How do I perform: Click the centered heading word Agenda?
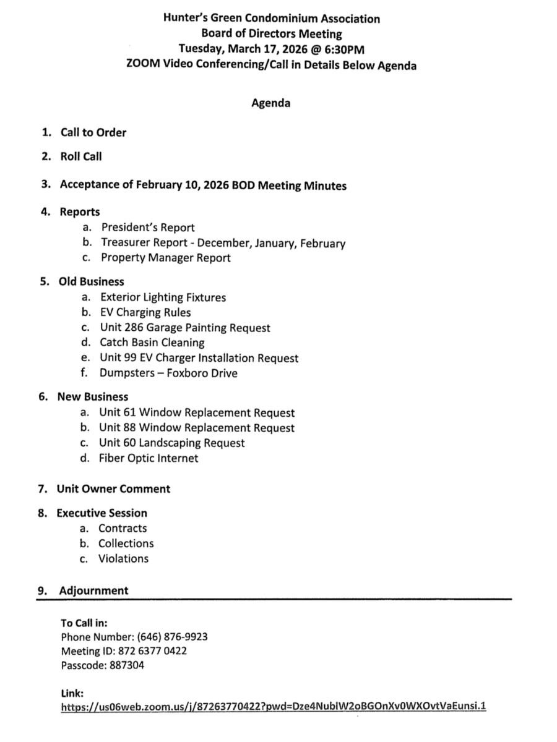point(270,103)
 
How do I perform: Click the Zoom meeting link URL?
point(274,706)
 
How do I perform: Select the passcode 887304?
point(127,665)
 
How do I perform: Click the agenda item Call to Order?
point(93,132)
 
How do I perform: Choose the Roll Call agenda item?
point(80,156)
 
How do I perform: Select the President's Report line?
point(148,227)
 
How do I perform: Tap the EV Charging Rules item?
point(145,312)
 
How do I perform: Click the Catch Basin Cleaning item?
point(152,342)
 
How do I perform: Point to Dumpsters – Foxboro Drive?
point(168,373)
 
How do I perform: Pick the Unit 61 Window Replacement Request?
point(196,412)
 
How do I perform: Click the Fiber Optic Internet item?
point(149,458)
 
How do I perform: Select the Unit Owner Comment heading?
point(113,488)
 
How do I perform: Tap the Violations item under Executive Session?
point(123,558)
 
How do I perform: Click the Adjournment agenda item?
point(93,591)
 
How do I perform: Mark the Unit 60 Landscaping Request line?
point(171,443)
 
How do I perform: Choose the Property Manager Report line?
point(165,258)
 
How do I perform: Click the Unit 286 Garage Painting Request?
point(185,327)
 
